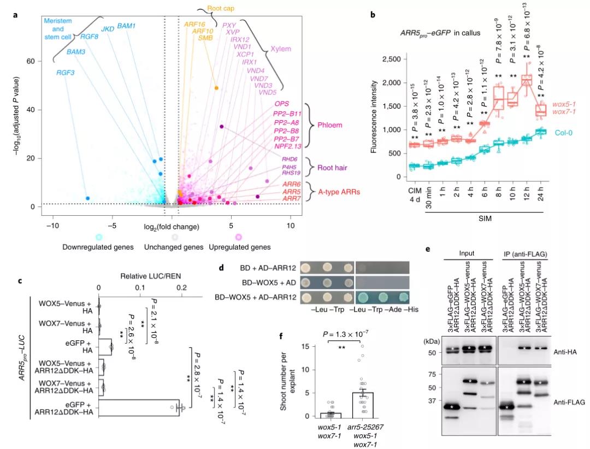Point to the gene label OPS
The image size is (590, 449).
pyautogui.click(x=282, y=103)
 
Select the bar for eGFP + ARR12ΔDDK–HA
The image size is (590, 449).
pyautogui.click(x=139, y=407)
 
